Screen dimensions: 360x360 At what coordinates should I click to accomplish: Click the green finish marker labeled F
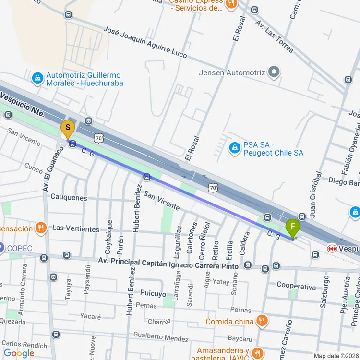(x=292, y=227)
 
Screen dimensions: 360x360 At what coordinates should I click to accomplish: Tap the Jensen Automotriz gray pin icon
(x=274, y=72)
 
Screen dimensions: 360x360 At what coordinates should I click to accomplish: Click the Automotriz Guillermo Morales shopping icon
(x=37, y=78)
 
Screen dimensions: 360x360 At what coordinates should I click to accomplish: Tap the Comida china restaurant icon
(x=262, y=321)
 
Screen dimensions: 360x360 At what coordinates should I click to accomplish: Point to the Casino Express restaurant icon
(x=231, y=4)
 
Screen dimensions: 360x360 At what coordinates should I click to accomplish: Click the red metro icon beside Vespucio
(x=332, y=249)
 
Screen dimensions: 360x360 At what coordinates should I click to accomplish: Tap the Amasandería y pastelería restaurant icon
(x=258, y=354)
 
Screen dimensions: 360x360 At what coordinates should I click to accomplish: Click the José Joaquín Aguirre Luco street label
(x=145, y=42)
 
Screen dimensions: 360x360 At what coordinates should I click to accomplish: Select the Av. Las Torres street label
(x=274, y=36)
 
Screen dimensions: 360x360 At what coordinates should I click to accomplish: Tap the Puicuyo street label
(x=153, y=293)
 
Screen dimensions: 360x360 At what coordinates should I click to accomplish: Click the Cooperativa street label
(x=296, y=287)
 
